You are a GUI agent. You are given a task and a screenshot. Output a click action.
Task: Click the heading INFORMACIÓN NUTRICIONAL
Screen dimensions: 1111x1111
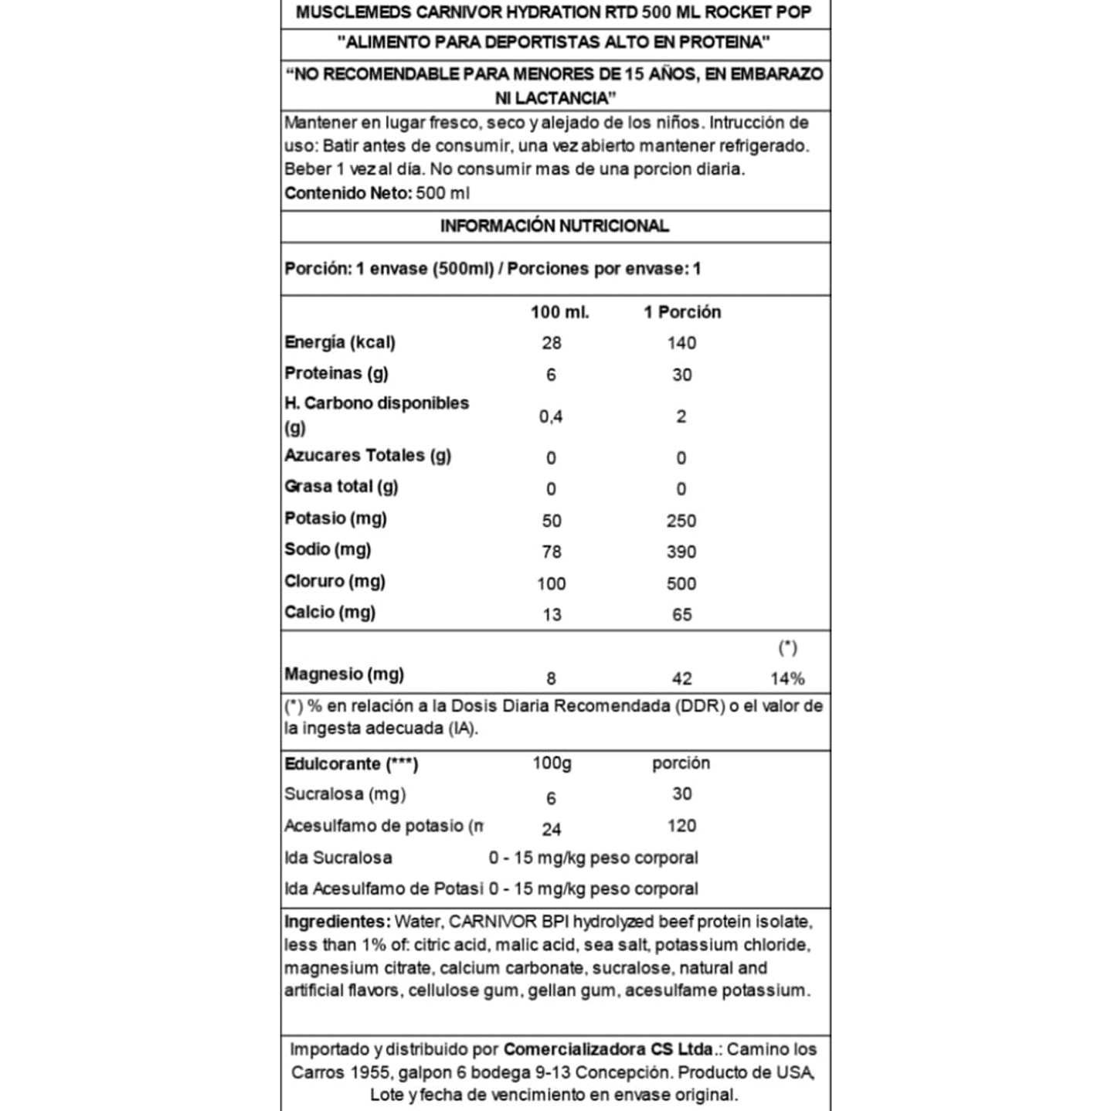(554, 226)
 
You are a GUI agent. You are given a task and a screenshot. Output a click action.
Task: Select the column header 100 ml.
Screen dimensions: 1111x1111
(559, 312)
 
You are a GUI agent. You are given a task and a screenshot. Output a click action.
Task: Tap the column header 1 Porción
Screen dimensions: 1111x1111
(682, 312)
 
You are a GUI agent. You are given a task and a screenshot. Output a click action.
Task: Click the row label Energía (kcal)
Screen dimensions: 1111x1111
(340, 342)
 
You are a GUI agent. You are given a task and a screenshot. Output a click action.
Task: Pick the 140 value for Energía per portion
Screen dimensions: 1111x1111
(681, 343)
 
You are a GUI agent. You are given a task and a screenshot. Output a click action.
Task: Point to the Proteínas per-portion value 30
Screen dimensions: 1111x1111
(681, 375)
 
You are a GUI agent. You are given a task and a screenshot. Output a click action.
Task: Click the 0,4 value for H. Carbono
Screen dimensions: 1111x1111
(551, 416)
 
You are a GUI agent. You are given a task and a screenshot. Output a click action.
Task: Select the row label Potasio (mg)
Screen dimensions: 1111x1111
(335, 518)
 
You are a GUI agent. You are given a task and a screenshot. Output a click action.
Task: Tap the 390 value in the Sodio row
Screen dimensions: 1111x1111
(681, 552)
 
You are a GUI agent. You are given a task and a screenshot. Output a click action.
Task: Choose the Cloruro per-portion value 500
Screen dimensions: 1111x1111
(681, 583)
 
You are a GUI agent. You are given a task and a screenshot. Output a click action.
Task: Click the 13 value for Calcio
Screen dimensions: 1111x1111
(552, 615)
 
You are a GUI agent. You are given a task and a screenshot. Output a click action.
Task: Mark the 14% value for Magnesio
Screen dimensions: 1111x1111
(787, 678)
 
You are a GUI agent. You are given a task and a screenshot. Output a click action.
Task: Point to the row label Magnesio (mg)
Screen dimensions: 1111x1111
(344, 674)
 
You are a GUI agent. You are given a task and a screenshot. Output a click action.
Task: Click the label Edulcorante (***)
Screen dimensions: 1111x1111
(351, 764)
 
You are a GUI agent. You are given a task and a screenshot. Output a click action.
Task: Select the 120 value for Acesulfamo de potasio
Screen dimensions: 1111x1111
(681, 826)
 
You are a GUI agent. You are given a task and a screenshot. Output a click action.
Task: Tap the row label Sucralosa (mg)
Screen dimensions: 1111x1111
(345, 794)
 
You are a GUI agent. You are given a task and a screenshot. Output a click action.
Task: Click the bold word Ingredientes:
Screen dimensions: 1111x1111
(337, 922)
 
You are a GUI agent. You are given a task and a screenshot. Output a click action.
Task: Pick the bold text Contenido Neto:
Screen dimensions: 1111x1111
(348, 193)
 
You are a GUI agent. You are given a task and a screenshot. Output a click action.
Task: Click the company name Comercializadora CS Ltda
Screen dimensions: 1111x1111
(608, 1049)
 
